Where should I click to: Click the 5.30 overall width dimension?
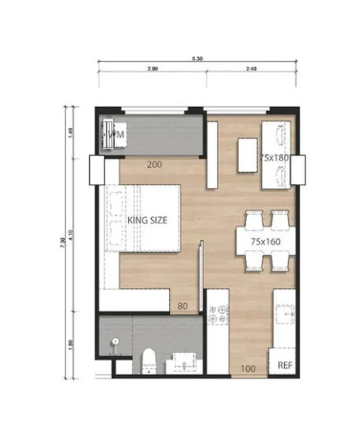(x=197, y=59)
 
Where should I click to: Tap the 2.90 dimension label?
(x=152, y=69)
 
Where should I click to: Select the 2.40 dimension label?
(x=251, y=69)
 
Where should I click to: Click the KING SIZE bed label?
(x=147, y=220)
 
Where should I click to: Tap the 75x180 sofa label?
(x=274, y=157)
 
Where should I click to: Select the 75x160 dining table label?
(x=266, y=242)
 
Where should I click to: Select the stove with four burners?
(x=218, y=313)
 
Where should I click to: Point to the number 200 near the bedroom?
(x=154, y=165)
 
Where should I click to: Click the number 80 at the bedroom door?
(x=183, y=306)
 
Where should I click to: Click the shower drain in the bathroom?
(x=115, y=341)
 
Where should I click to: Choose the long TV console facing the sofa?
(x=212, y=154)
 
